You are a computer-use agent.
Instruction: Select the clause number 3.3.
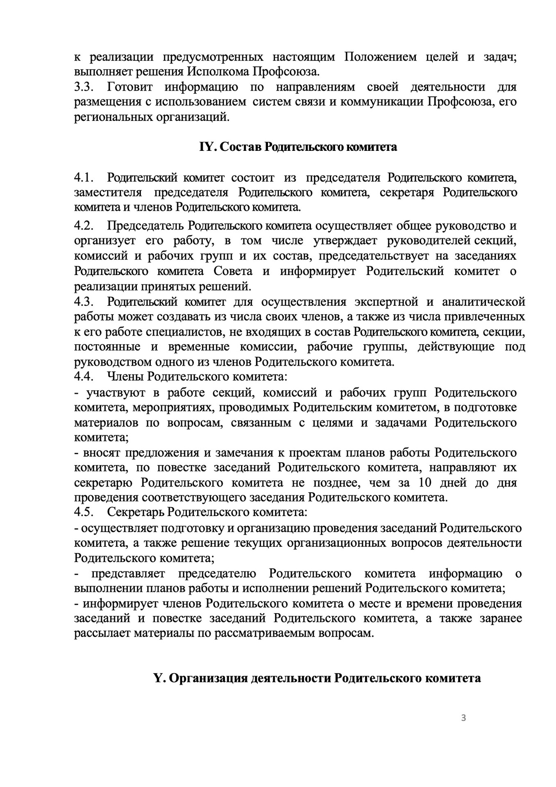click(84, 87)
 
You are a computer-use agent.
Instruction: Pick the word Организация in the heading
click(208, 678)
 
